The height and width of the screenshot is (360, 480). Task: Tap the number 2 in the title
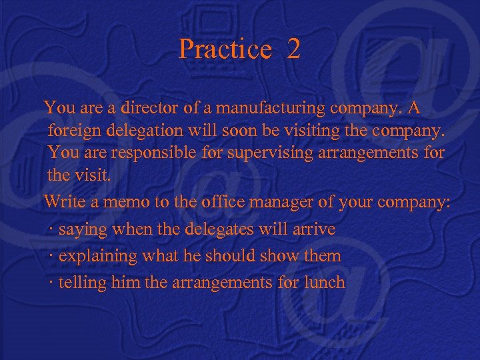pos(293,49)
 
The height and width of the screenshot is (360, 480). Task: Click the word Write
pos(64,201)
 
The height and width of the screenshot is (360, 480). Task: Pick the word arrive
pos(314,229)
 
